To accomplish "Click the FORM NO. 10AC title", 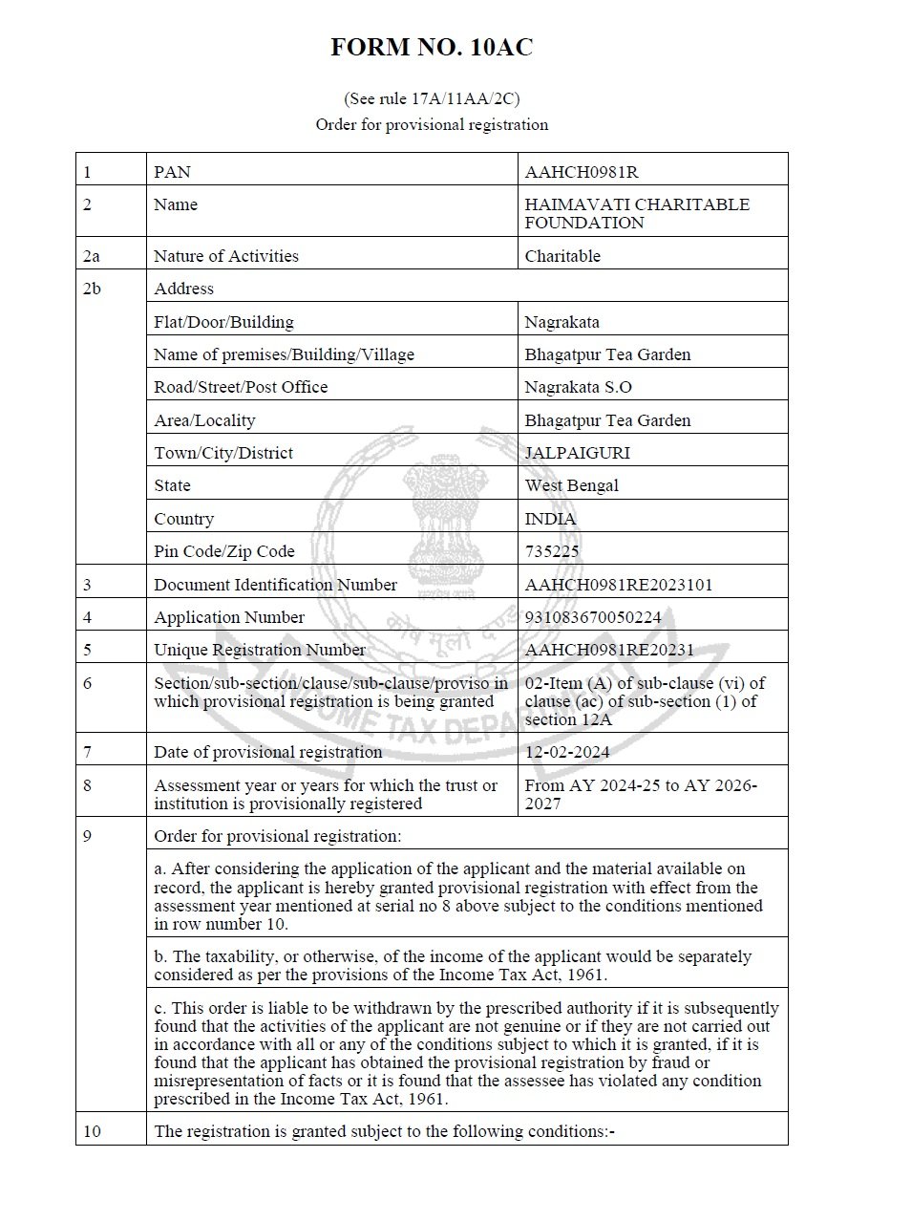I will pos(432,48).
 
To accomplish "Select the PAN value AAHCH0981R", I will pos(581,172).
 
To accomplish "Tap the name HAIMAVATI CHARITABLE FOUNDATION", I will pos(636,213).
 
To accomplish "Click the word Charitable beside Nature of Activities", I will pos(562,256).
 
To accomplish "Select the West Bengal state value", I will pos(571,485).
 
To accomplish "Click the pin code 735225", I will pos(552,551).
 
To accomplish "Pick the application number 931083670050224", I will pos(592,617).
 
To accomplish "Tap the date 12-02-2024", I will pos(567,752).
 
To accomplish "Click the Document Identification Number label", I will pos(275,585).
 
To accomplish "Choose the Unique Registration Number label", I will pos(260,650).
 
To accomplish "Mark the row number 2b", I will pos(92,289).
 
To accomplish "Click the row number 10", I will pos(92,1131).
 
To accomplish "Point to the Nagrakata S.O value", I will pos(578,387).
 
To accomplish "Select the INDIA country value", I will pos(550,519).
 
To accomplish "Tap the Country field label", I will pos(183,519).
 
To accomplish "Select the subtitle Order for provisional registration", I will pos(432,124).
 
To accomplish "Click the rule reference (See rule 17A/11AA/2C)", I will pos(432,98).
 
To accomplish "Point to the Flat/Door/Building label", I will pos(223,322).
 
